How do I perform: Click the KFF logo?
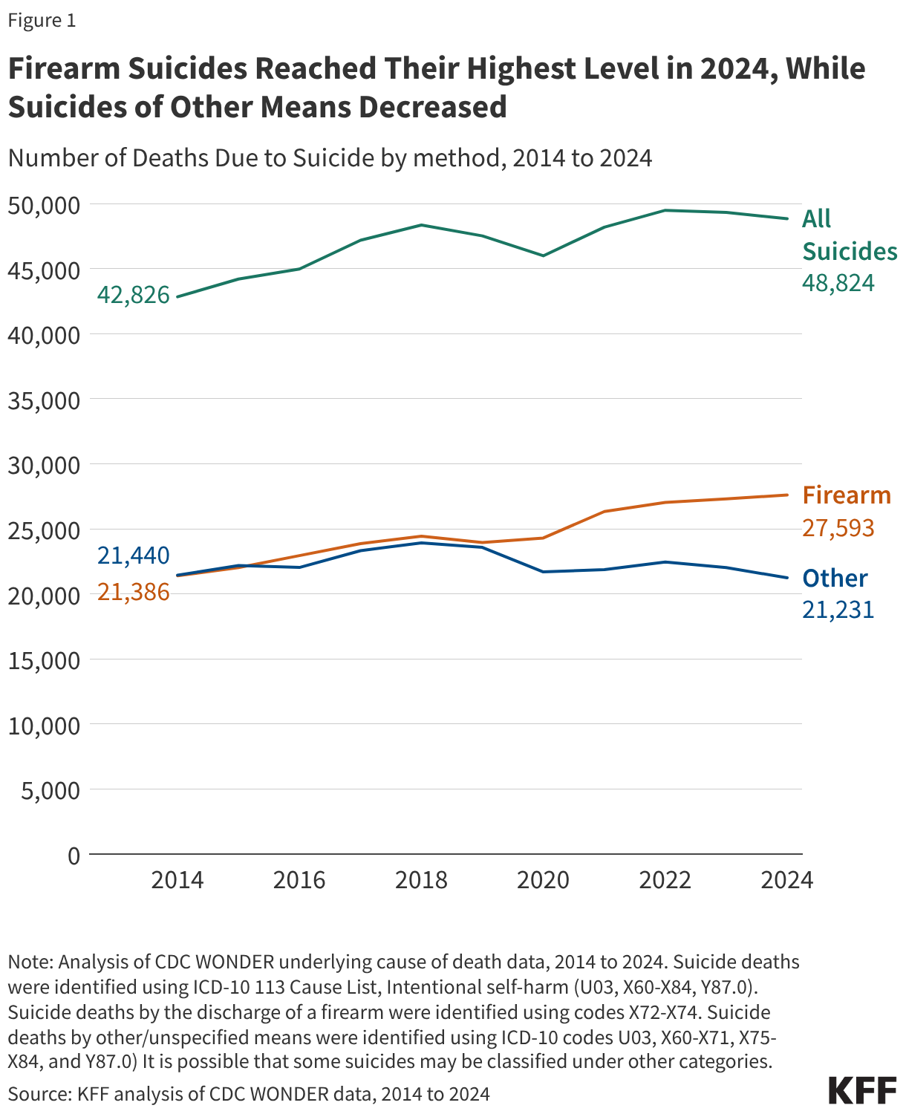[862, 1091]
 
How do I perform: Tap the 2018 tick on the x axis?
[421, 880]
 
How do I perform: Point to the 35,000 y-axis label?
[43, 400]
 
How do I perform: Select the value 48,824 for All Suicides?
[838, 283]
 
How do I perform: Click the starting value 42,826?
[134, 295]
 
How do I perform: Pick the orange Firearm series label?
[846, 495]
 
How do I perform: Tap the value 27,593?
[838, 528]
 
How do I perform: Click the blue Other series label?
[835, 578]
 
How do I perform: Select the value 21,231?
[838, 610]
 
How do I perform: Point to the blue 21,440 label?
[134, 556]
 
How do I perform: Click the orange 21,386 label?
[134, 593]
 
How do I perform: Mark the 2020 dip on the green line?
[543, 255]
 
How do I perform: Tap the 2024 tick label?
[787, 880]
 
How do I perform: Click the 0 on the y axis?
[73, 856]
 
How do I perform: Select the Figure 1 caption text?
[42, 20]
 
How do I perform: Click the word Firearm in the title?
[64, 68]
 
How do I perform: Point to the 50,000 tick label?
[43, 204]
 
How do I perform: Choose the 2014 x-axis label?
[177, 880]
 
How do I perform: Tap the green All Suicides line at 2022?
[665, 210]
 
